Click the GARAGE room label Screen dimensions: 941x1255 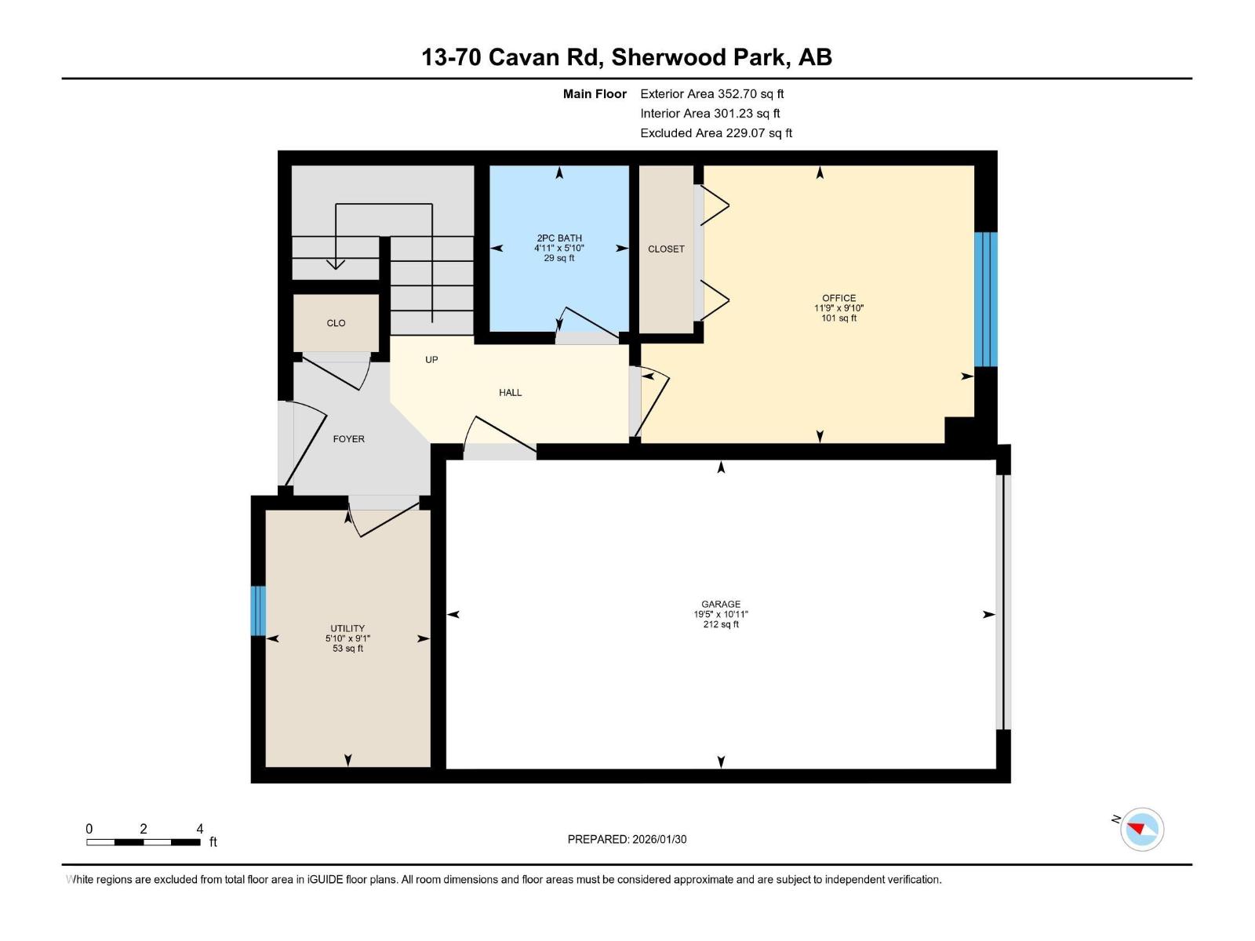coord(720,604)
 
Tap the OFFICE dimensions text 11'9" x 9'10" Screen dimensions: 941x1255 coord(838,308)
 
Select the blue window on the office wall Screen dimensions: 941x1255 coord(985,299)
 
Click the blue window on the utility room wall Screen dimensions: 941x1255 coord(258,611)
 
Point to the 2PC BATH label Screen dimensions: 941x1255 coord(559,238)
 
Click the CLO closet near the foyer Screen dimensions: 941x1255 coord(336,323)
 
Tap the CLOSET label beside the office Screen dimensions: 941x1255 coord(666,249)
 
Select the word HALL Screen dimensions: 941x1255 coord(510,392)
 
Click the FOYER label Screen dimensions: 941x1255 coord(348,439)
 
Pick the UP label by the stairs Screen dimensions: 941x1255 coord(431,360)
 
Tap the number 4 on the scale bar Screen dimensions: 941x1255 coord(200,829)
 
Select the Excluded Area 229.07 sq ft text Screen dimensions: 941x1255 coord(715,133)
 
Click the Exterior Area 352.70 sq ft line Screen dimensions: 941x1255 coord(711,94)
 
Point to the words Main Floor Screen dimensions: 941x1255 coord(595,94)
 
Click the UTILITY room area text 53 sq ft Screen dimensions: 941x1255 coord(347,649)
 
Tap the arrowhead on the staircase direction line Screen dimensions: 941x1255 coord(336,264)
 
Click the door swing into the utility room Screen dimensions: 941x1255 coord(384,520)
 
